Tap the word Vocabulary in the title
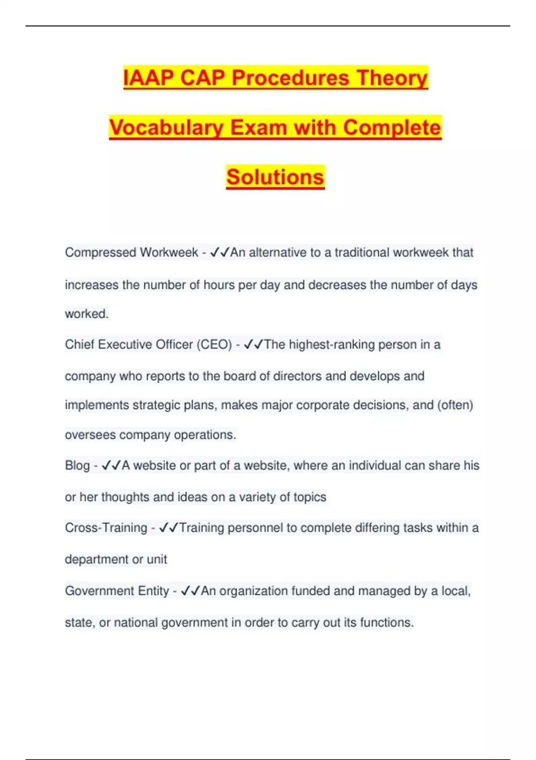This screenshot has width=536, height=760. (166, 127)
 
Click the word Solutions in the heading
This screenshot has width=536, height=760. (275, 177)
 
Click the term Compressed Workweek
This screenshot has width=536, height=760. (131, 253)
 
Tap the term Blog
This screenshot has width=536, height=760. (77, 465)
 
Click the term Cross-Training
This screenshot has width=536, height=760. (106, 528)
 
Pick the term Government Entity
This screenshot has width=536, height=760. (117, 591)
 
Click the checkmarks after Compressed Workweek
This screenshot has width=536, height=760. (219, 253)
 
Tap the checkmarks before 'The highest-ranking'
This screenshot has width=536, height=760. (254, 345)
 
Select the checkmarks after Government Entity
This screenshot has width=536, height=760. (190, 591)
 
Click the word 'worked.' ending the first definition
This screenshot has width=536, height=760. (87, 314)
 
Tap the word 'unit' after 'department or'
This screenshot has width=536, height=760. (157, 559)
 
